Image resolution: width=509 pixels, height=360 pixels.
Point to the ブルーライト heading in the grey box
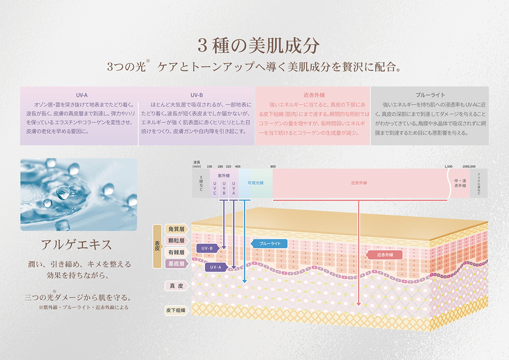pyautogui.click(x=430, y=95)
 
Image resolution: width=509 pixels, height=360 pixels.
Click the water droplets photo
pyautogui.click(x=79, y=194)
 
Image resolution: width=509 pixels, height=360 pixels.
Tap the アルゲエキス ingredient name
pyautogui.click(x=76, y=245)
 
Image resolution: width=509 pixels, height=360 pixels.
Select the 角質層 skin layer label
pyautogui.click(x=176, y=229)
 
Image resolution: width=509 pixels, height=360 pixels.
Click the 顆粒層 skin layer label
pyautogui.click(x=176, y=241)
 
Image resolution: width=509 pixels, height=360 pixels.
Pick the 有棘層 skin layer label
pyautogui.click(x=176, y=252)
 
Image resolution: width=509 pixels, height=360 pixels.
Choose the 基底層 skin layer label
pyautogui.click(x=176, y=264)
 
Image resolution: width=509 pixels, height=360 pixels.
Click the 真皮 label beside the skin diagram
pyautogui.click(x=176, y=286)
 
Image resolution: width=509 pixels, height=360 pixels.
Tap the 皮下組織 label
pyautogui.click(x=176, y=310)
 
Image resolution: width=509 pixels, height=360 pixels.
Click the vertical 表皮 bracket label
pyautogui.click(x=157, y=246)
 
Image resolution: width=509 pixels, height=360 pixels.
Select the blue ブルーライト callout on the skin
pyautogui.click(x=270, y=243)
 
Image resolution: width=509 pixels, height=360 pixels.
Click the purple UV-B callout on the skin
pyautogui.click(x=207, y=248)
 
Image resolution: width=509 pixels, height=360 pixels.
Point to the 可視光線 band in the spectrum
pyautogui.click(x=255, y=183)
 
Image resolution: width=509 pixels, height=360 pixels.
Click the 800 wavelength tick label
pyautogui.click(x=273, y=166)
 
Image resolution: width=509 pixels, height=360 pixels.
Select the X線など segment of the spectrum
pyautogui.click(x=201, y=183)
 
